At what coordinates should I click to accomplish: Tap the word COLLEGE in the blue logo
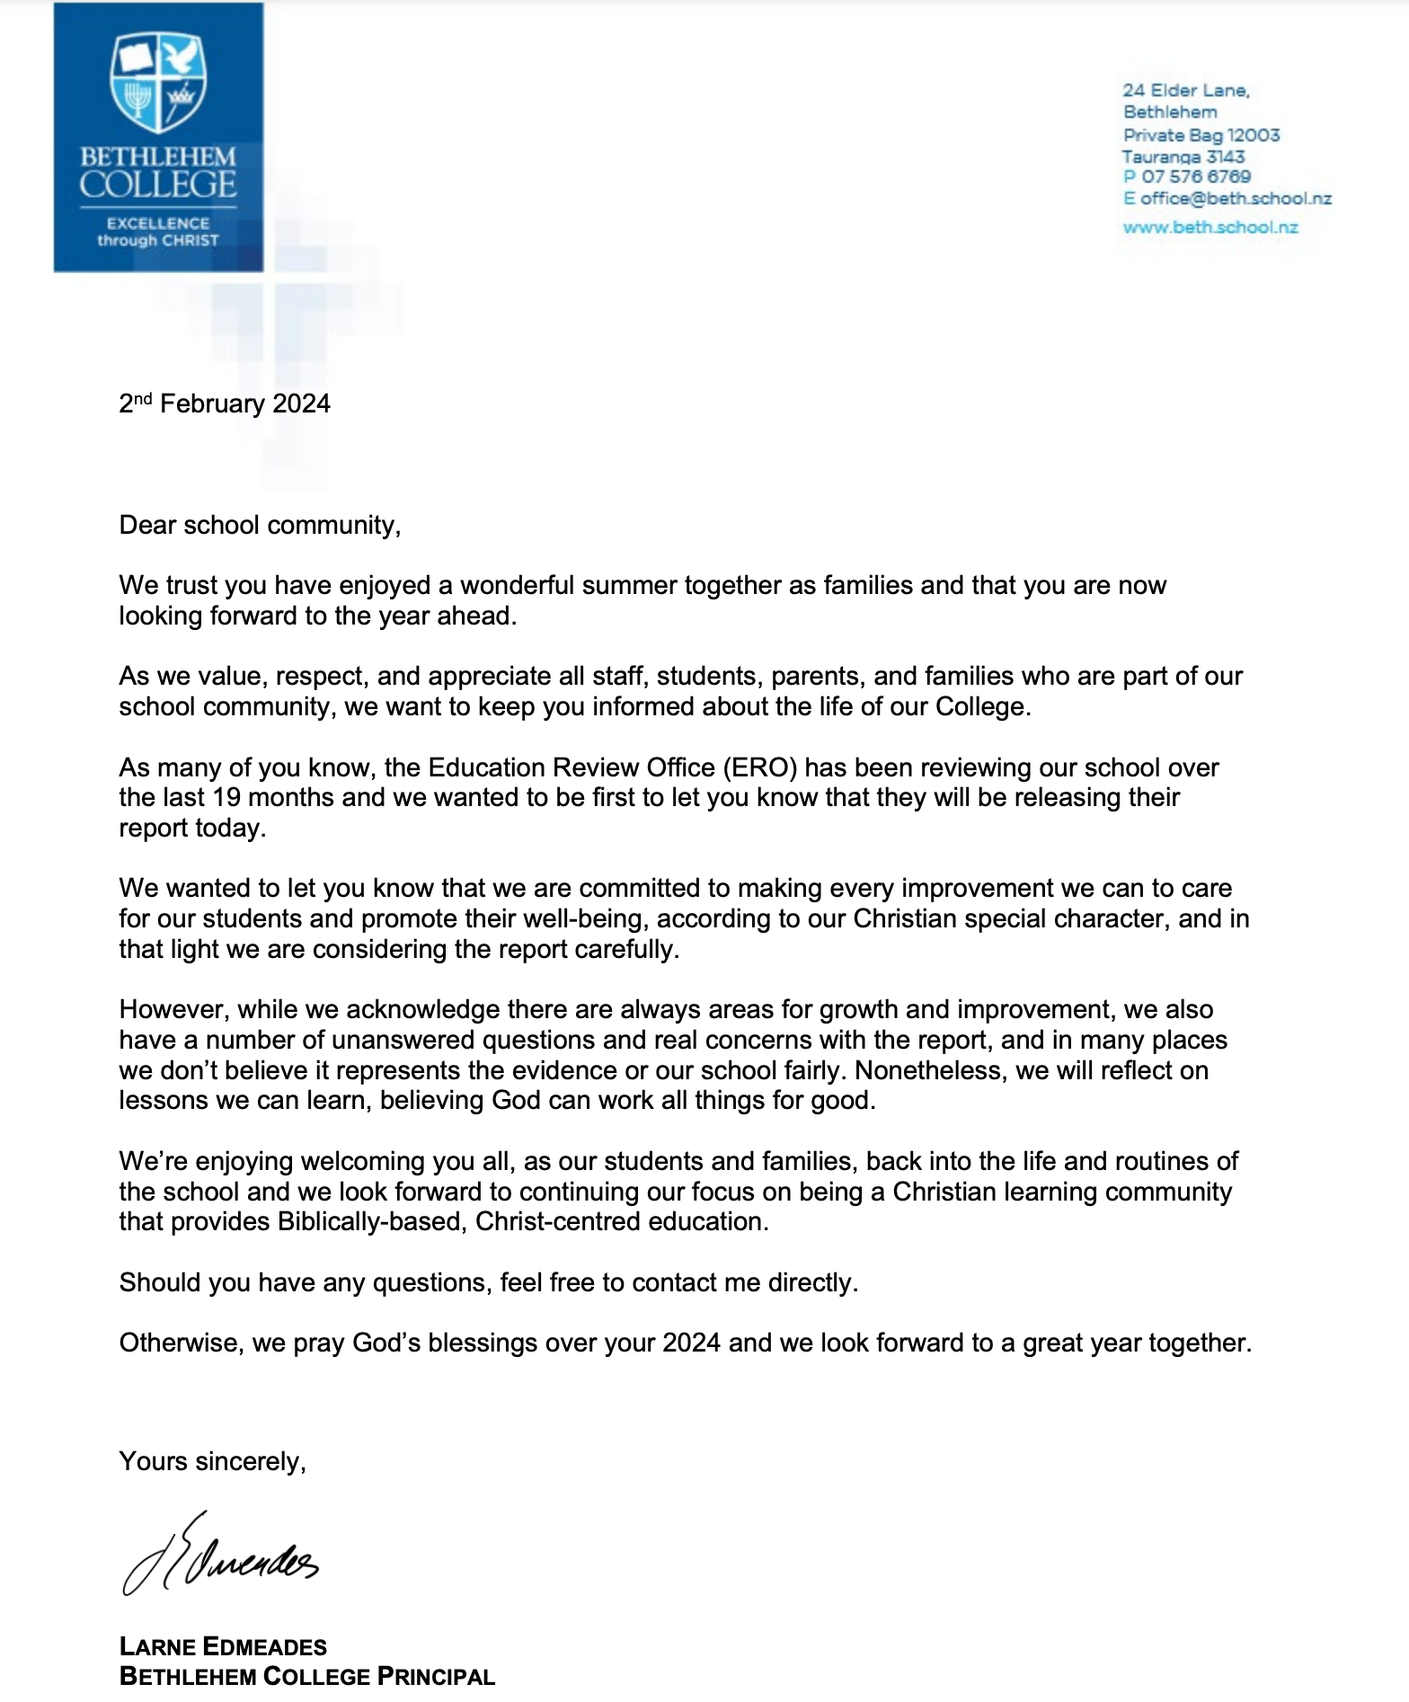coord(158,184)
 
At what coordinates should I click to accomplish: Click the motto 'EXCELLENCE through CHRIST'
coord(158,232)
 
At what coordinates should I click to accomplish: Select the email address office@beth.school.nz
coord(1235,199)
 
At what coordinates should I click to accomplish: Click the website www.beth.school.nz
coord(1210,227)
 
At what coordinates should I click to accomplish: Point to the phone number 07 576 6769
coord(1195,177)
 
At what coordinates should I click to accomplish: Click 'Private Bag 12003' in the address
coord(1201,135)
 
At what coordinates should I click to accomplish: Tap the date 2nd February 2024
coord(225,403)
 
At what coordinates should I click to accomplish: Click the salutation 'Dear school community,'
coord(260,525)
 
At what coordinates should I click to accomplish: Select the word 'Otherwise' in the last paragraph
coord(180,1343)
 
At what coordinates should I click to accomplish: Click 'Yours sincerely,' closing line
coord(212,1462)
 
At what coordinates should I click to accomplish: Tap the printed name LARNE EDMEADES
coord(223,1647)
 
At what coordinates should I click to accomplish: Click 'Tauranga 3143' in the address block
coord(1183,156)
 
